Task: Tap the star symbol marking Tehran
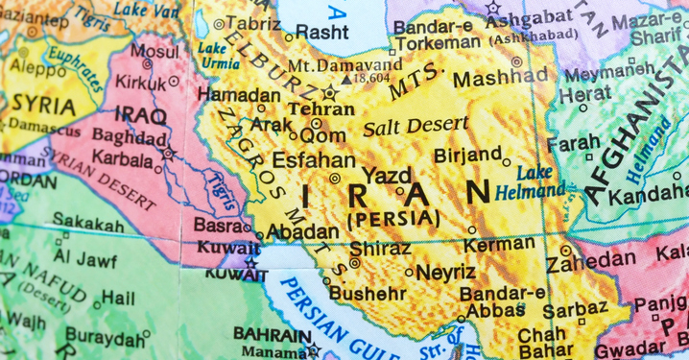(x=332, y=92)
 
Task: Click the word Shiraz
(x=380, y=248)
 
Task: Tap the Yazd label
(x=388, y=176)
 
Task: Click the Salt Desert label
(x=416, y=124)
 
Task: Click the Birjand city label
(x=467, y=154)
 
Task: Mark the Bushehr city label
(x=368, y=293)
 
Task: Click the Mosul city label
(x=154, y=51)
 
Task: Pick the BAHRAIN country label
(x=272, y=334)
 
